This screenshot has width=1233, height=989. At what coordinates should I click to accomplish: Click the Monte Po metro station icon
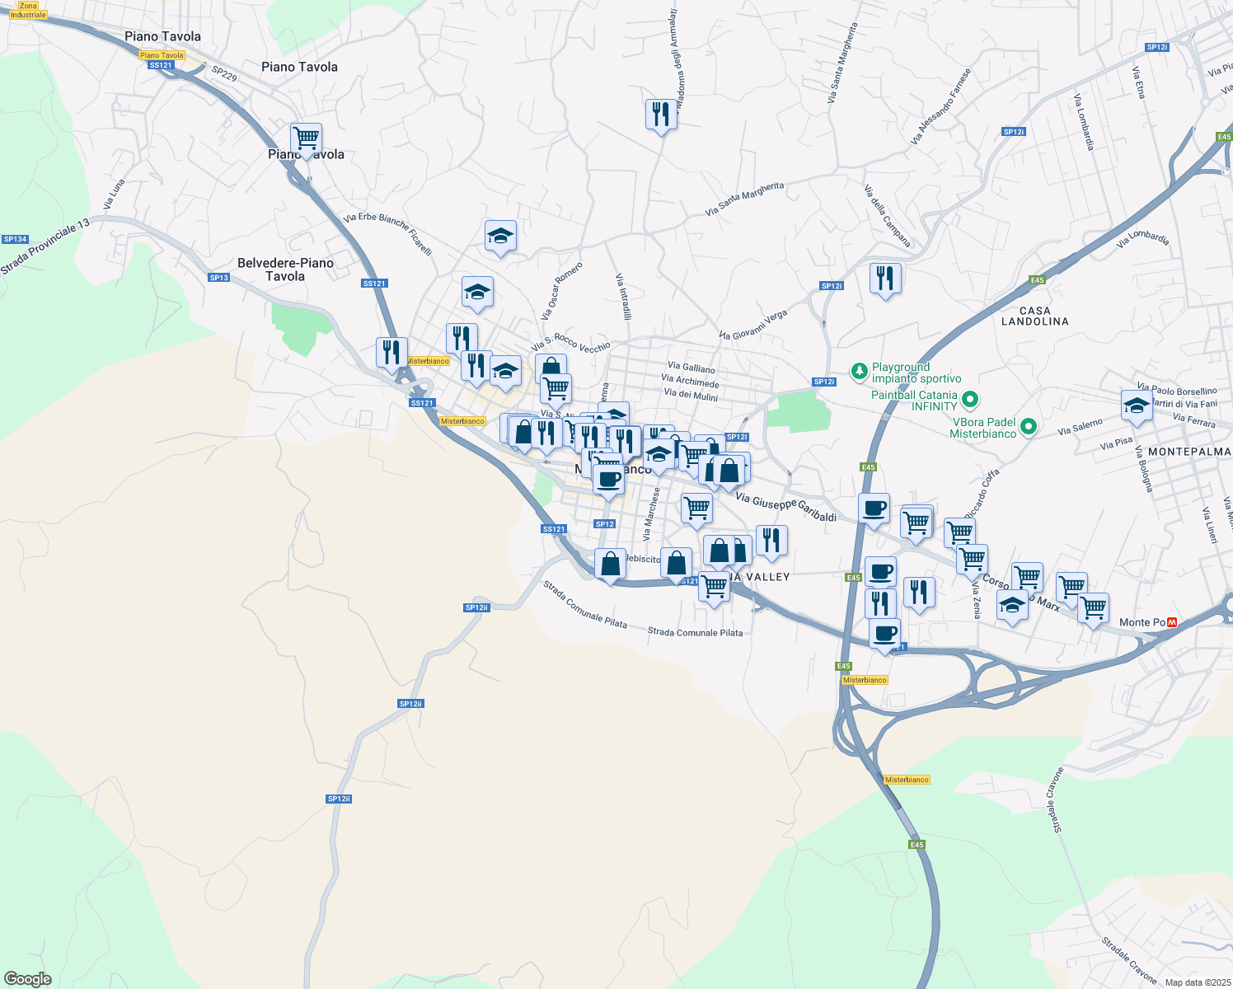[x=1171, y=622]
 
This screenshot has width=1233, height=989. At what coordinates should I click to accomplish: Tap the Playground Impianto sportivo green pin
[x=860, y=372]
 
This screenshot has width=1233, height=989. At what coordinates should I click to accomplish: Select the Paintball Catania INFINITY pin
[x=970, y=401]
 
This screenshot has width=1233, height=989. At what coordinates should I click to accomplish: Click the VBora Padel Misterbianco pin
[x=1028, y=427]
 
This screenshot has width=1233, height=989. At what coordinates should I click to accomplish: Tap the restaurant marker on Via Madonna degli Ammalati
[x=661, y=115]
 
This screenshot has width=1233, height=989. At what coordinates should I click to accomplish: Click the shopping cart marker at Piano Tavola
[x=306, y=138]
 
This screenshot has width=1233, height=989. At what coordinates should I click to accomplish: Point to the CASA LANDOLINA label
[x=1034, y=316]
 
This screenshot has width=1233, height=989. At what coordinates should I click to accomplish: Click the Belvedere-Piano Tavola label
[x=285, y=270]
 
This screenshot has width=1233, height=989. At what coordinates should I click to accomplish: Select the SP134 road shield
[x=15, y=239]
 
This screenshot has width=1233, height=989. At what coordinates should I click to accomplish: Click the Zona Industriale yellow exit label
[x=28, y=10]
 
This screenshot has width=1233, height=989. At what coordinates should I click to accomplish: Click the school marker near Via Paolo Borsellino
[x=1137, y=406]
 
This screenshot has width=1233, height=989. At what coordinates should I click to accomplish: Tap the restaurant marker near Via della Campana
[x=885, y=279]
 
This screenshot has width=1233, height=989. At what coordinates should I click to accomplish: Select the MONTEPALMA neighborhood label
[x=1188, y=452]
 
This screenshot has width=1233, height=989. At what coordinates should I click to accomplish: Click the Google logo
[x=27, y=979]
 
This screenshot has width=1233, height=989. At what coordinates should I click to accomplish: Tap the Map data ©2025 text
[x=1197, y=982]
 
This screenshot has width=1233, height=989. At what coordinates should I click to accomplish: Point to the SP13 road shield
[x=218, y=278]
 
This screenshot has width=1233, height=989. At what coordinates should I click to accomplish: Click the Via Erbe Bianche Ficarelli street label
[x=387, y=234]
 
